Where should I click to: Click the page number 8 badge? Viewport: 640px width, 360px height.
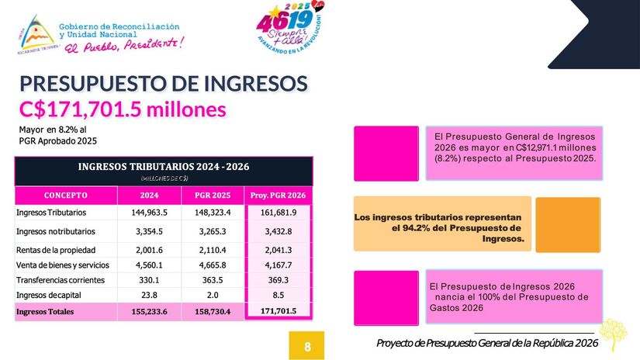click(307, 345)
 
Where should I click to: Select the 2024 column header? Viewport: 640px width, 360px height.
click(150, 195)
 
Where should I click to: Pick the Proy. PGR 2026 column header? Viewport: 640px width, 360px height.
click(278, 195)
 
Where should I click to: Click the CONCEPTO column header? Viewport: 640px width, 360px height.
click(65, 195)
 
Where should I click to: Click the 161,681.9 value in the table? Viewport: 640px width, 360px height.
click(277, 213)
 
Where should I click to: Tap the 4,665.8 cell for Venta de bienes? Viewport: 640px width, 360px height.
click(211, 265)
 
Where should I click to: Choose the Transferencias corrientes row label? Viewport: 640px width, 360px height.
click(63, 280)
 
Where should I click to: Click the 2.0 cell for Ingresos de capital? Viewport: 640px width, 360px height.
click(211, 296)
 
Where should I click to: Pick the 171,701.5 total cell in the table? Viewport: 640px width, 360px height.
click(278, 312)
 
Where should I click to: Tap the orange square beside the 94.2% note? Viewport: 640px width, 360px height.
click(568, 224)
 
